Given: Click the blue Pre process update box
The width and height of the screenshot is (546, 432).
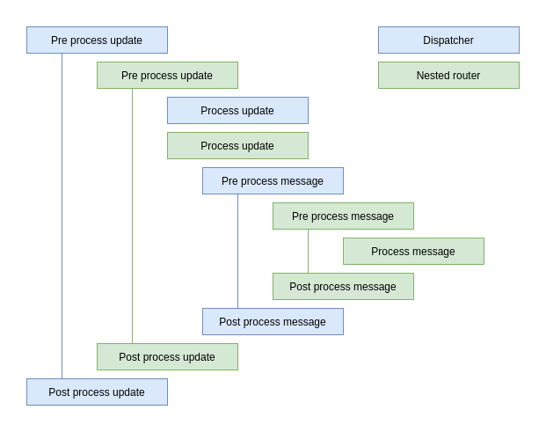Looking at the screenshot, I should point(97,40).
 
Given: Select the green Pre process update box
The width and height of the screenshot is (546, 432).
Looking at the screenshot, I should point(167,75).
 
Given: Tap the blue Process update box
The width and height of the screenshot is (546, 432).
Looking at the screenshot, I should point(237,110).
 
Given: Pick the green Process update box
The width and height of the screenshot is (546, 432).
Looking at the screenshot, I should point(237,145).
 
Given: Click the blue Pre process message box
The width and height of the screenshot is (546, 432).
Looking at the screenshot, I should point(273,180).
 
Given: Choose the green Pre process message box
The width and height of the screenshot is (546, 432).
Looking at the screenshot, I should point(343,216).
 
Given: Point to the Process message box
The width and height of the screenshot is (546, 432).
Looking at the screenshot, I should point(413,251).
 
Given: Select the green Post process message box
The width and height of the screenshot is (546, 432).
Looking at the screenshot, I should point(343,286).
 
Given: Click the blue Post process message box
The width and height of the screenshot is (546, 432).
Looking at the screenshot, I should point(273,321).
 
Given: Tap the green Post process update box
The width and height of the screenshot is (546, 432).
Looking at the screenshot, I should point(167,356).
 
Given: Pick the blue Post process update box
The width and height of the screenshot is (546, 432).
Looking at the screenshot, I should point(97,392).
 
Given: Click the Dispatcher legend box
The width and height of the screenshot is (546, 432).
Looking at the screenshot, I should point(448,40).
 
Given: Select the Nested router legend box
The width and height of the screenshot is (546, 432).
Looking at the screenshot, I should point(448,75).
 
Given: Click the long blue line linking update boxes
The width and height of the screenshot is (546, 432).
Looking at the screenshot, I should point(62,216).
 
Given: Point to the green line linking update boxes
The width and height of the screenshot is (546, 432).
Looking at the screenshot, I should point(132,216).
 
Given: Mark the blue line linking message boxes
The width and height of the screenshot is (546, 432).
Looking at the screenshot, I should point(237,251).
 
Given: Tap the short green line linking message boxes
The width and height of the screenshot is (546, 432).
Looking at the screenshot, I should point(308,251).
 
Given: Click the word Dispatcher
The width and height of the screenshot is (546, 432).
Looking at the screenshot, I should point(448,40).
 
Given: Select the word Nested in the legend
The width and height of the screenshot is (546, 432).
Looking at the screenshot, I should point(433,76).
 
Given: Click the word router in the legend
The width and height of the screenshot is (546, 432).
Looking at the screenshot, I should point(466,76).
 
